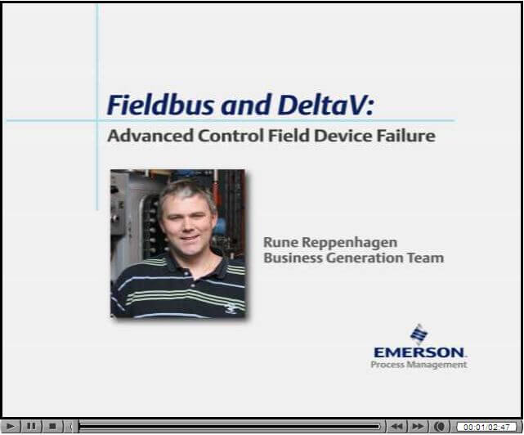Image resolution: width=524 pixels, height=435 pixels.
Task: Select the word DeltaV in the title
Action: pos(320,105)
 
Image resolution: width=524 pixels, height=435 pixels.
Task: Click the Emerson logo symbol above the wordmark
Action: pos(419,334)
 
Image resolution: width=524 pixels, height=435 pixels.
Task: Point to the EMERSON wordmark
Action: pos(419,352)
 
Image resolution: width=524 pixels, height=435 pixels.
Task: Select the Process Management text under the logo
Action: pos(419,365)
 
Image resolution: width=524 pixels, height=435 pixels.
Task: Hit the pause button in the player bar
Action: pos(31,426)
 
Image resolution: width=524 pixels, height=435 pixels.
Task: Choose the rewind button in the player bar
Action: pos(396,426)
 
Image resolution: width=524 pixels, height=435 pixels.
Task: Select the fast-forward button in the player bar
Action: pos(418,426)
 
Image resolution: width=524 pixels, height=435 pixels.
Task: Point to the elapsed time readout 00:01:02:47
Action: pos(486,427)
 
